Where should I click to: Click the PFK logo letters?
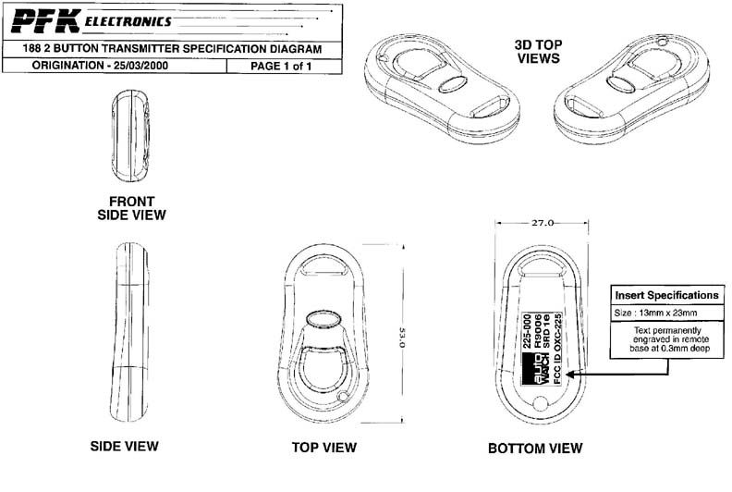[x=45, y=21]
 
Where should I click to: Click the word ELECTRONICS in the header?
[x=128, y=21]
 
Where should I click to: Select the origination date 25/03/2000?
[x=140, y=66]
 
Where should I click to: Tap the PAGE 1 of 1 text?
[x=281, y=66]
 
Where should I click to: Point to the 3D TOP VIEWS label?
[x=538, y=52]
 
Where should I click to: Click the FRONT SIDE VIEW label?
[x=131, y=208]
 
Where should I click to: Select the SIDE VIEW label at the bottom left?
[x=124, y=446]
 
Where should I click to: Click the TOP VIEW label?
[x=324, y=448]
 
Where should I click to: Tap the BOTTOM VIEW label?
[x=535, y=449]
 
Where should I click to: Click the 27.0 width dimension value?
[x=542, y=223]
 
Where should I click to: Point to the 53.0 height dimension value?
[x=401, y=337]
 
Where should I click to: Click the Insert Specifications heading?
[x=666, y=295]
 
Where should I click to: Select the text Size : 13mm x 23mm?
[x=655, y=313]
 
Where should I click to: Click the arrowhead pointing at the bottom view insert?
[x=571, y=375]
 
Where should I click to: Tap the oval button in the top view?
[x=323, y=320]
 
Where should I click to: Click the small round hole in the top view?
[x=344, y=398]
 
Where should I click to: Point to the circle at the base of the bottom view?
[x=540, y=403]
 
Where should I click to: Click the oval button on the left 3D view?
[x=453, y=83]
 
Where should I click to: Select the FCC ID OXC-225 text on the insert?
[x=557, y=349]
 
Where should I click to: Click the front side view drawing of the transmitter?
[x=130, y=136]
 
